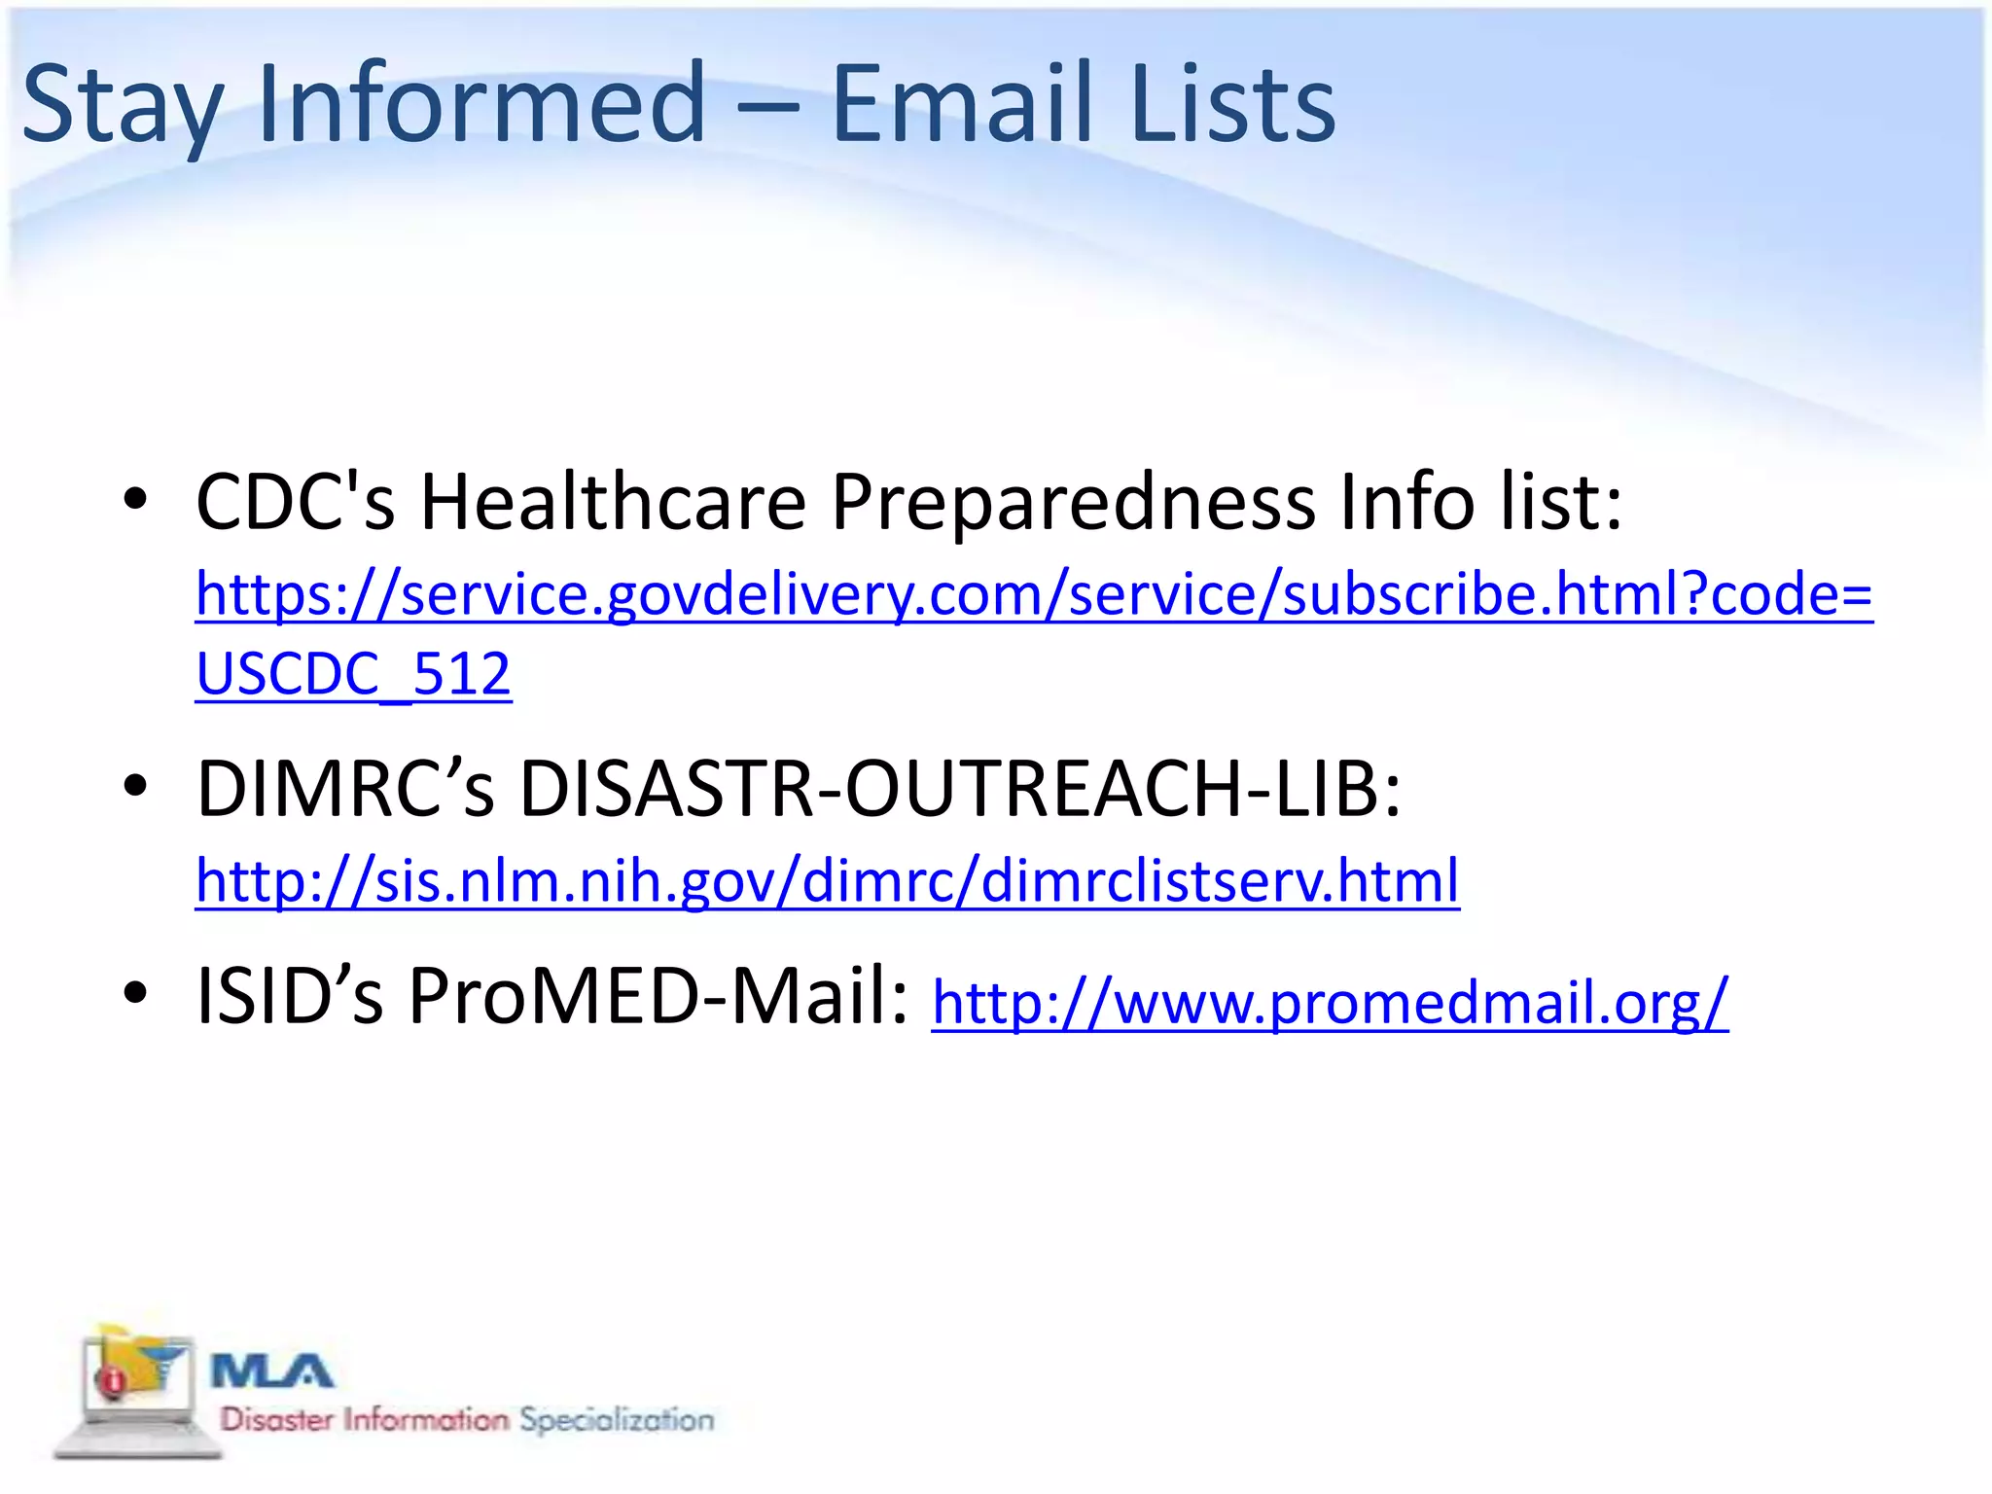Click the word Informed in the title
click(481, 103)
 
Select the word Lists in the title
click(1233, 103)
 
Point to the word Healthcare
click(613, 503)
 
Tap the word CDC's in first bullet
click(295, 503)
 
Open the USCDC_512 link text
click(353, 673)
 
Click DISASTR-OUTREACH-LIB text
click(960, 788)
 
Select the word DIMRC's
click(345, 788)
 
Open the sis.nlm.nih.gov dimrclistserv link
click(827, 880)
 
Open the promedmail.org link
click(1330, 1002)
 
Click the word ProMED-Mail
click(658, 996)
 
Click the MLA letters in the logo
click(272, 1372)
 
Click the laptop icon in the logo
click(136, 1391)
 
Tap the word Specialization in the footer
click(616, 1420)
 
